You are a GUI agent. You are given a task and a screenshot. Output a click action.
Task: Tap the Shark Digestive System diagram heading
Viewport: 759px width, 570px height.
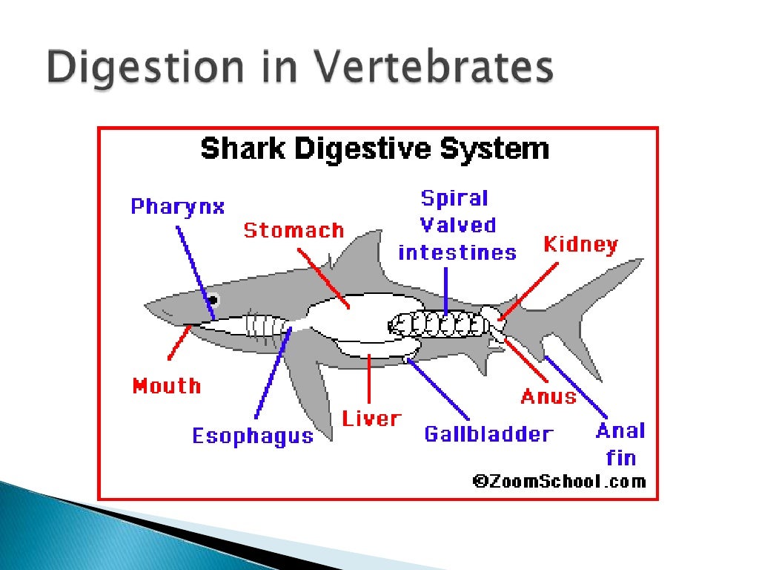click(374, 149)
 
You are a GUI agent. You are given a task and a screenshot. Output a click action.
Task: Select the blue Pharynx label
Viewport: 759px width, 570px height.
click(178, 206)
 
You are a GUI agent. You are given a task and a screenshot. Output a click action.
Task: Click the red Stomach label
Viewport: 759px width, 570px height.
click(294, 231)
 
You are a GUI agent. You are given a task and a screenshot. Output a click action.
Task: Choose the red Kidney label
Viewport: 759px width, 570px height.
click(580, 245)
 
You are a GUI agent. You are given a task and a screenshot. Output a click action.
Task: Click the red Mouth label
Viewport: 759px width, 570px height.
click(167, 386)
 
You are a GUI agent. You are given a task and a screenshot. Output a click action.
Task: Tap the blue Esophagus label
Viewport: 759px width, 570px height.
click(253, 436)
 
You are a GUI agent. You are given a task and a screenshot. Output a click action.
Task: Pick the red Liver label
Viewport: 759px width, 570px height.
click(371, 419)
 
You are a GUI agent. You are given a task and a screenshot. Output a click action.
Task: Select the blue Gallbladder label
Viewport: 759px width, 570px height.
click(488, 434)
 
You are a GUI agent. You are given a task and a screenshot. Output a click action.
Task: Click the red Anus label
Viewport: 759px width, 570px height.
click(548, 396)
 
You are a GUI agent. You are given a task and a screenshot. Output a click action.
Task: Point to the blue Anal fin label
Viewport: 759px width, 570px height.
click(620, 444)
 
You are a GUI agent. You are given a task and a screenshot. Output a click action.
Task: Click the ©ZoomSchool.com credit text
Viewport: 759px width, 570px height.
click(560, 481)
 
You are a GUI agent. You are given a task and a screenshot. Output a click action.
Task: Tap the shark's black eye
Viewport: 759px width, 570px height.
click(213, 300)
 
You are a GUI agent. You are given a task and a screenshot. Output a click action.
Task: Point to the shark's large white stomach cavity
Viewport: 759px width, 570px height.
click(356, 315)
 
